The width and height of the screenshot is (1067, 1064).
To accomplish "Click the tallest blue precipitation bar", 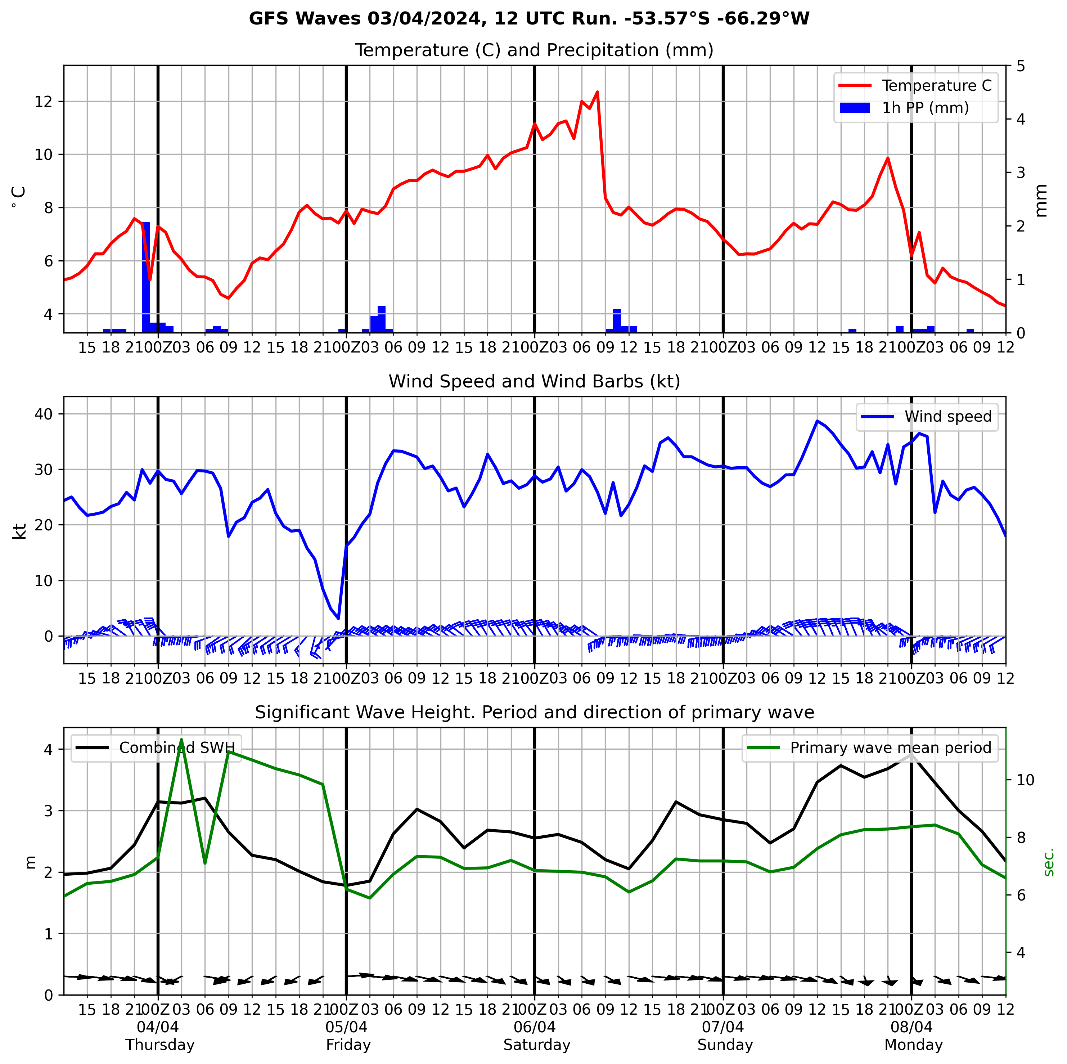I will tap(147, 276).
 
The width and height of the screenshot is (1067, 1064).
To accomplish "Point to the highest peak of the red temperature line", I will tap(597, 92).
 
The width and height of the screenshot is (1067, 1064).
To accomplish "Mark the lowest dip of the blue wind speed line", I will tap(338, 618).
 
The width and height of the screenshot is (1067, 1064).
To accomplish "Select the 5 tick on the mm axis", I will tap(1021, 66).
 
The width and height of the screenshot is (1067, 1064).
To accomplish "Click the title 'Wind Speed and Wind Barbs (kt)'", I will tap(534, 381).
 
